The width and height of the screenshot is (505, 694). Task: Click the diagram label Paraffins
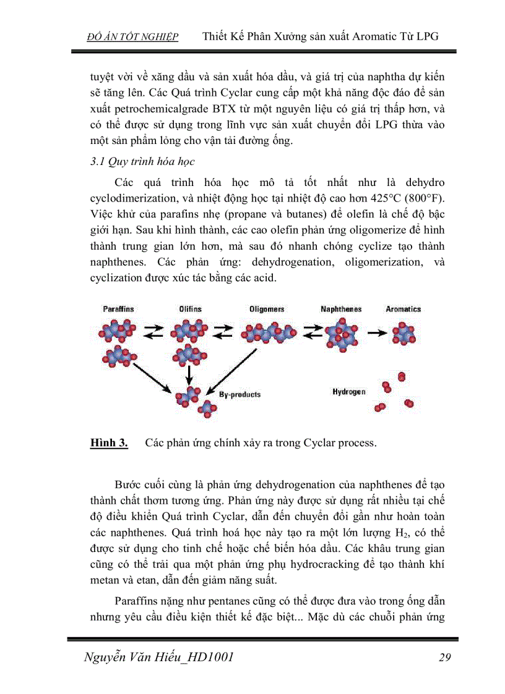tap(119, 309)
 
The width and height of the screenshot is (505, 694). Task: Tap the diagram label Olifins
tap(191, 309)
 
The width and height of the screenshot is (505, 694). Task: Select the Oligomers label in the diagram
tap(267, 309)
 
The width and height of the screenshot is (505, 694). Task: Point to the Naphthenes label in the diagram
tap(341, 309)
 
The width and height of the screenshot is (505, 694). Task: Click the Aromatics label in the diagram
tap(403, 309)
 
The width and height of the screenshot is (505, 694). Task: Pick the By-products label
tap(240, 394)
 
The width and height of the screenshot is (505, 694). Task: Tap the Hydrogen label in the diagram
tap(348, 392)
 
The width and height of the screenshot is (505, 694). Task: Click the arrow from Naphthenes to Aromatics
tap(375, 332)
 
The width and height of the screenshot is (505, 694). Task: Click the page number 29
tap(444, 658)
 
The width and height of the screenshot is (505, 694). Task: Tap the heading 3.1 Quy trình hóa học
tap(142, 162)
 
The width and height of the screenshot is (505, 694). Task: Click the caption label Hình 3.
tap(109, 443)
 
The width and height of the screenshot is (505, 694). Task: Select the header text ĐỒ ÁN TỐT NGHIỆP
tap(132, 37)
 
